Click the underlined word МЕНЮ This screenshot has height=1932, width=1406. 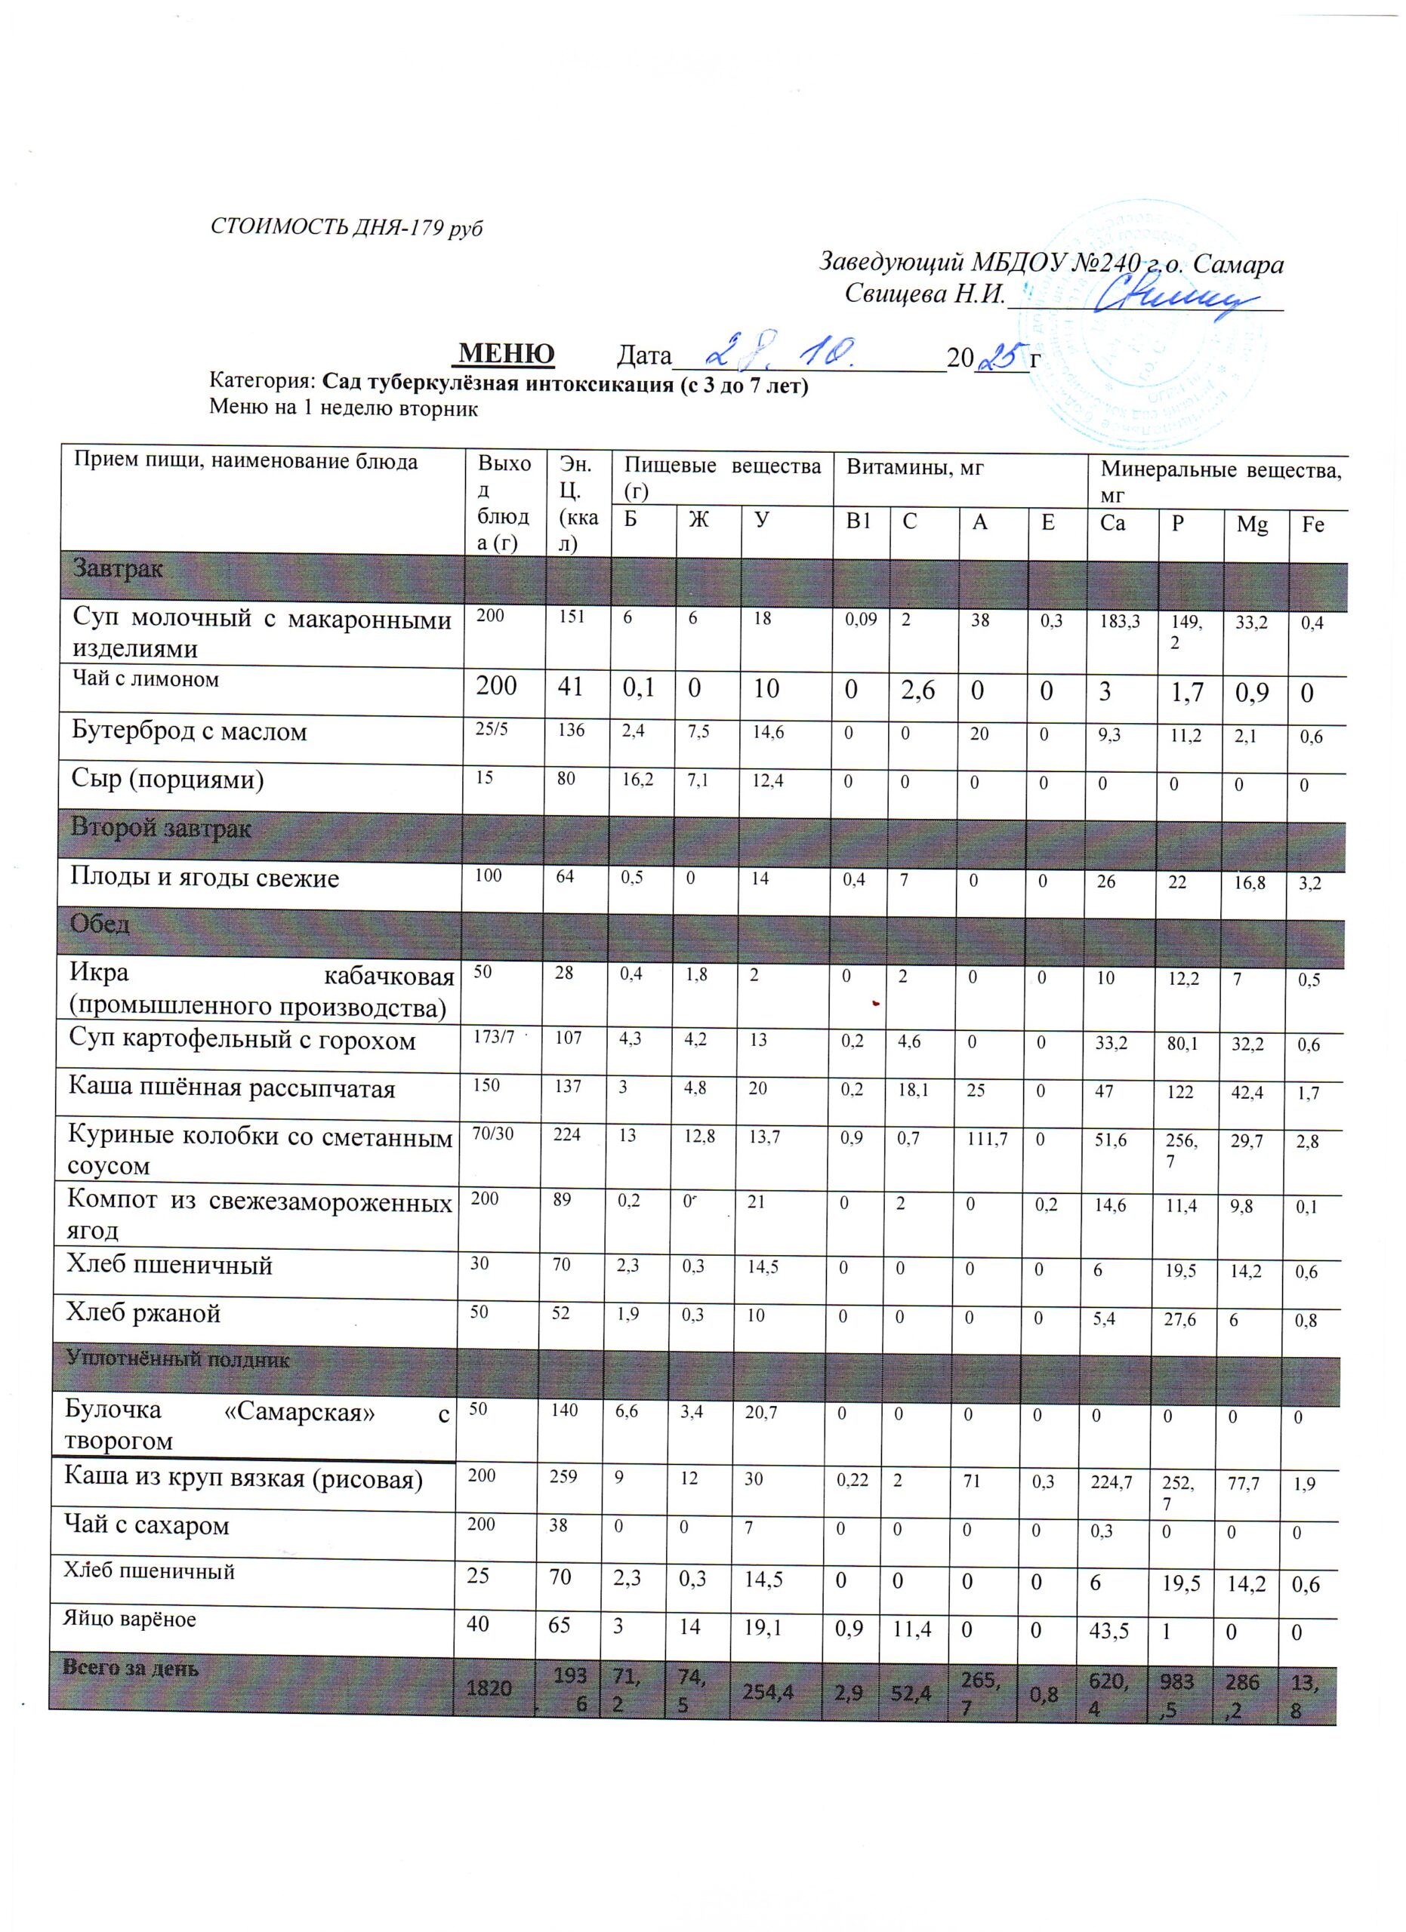click(x=507, y=352)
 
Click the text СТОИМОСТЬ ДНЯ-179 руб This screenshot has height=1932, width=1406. click(x=346, y=229)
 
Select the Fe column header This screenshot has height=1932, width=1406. click(x=1313, y=525)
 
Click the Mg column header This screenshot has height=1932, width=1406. click(x=1252, y=525)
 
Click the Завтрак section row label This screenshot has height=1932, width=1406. click(x=118, y=568)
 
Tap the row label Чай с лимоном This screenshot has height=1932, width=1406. click(x=146, y=679)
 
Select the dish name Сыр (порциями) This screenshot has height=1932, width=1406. click(x=168, y=779)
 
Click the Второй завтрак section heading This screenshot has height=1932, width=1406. click(x=161, y=828)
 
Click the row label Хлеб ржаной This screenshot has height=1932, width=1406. click(x=144, y=1312)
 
